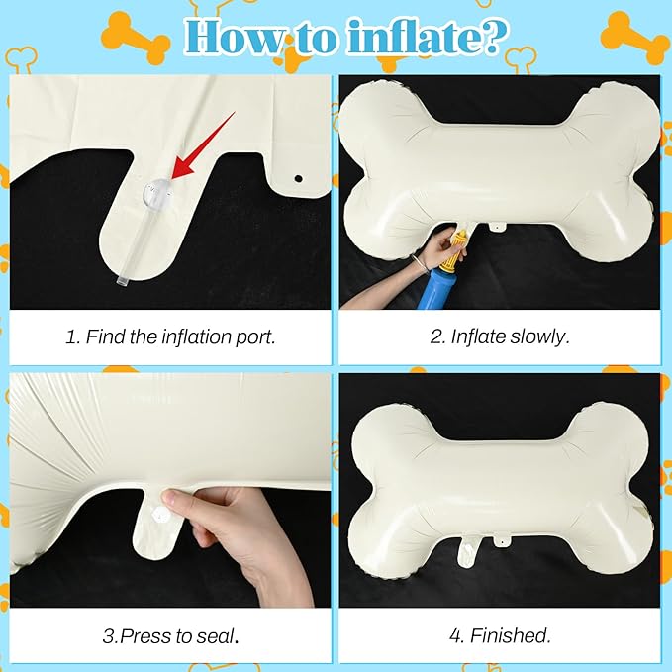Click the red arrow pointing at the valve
pos(204,145)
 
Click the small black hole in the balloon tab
pos(298,178)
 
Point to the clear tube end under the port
pos(123,281)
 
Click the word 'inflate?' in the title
pos(426,38)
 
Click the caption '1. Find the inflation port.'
pos(170,336)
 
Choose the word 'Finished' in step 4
pos(510,635)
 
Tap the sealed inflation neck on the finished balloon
pos(465,551)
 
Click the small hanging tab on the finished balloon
pos(500,540)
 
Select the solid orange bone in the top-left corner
pos(136,39)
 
